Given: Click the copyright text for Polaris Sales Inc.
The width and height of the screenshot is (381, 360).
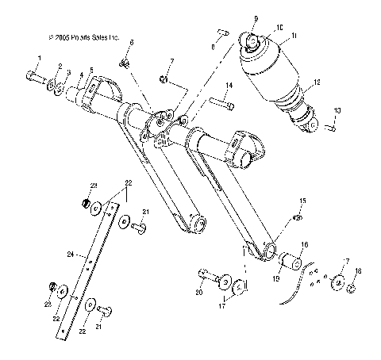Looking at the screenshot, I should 83,36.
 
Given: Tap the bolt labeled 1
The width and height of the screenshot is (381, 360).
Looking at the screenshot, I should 33,77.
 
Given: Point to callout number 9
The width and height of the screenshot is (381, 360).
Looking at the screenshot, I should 256,17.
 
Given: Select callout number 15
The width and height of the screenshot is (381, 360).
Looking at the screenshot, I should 302,201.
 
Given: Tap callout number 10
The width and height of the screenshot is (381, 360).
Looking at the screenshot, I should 279,27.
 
